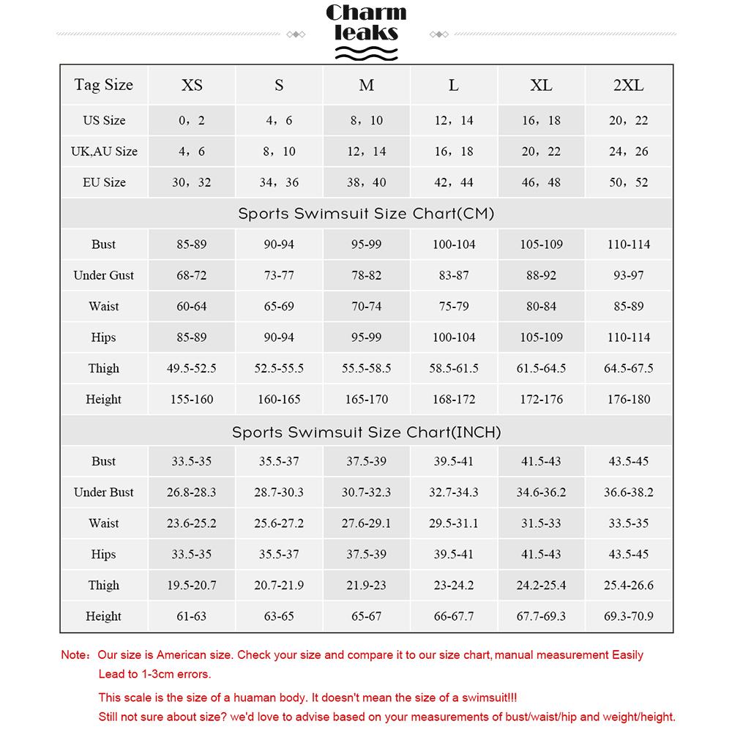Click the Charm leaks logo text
pyautogui.click(x=365, y=23)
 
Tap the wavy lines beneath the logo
pyautogui.click(x=365, y=52)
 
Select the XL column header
pyautogui.click(x=541, y=85)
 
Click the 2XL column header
pyautogui.click(x=628, y=85)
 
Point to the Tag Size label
pyautogui.click(x=103, y=85)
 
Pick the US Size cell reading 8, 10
pyautogui.click(x=366, y=121)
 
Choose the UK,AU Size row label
pyautogui.click(x=103, y=152)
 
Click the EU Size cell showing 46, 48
pyautogui.click(x=541, y=182)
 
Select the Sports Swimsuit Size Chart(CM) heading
pyautogui.click(x=366, y=214)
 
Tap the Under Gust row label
pyautogui.click(x=103, y=275)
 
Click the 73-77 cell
pyautogui.click(x=279, y=275)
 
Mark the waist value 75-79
pyautogui.click(x=454, y=307)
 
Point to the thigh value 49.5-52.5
pyautogui.click(x=191, y=368)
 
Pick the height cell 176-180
pyautogui.click(x=628, y=400)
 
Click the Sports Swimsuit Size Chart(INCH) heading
pyautogui.click(x=366, y=432)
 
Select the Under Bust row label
pyautogui.click(x=103, y=493)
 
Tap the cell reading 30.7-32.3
pyautogui.click(x=366, y=493)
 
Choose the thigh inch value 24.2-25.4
pyautogui.click(x=541, y=586)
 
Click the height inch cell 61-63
pyautogui.click(x=191, y=616)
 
